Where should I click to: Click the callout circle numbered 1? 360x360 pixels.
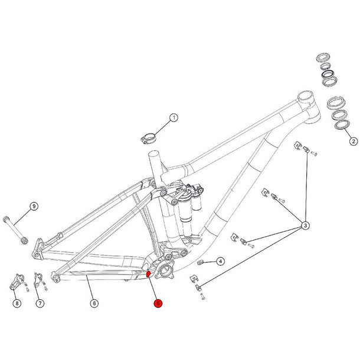coord(174,118)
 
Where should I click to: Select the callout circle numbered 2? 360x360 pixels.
coord(353,141)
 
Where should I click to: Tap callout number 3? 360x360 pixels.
coord(306,225)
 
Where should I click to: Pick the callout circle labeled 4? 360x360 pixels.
coord(220,260)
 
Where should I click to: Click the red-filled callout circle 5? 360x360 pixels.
coord(158,303)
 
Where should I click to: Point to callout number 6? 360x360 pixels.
coord(94,303)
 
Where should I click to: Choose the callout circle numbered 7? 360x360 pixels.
coord(40,303)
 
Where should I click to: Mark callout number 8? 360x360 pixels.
coord(17,303)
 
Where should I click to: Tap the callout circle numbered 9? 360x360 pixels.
coord(34,206)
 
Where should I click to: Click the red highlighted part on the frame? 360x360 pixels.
coord(149,273)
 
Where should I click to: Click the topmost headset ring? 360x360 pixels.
coord(323,58)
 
